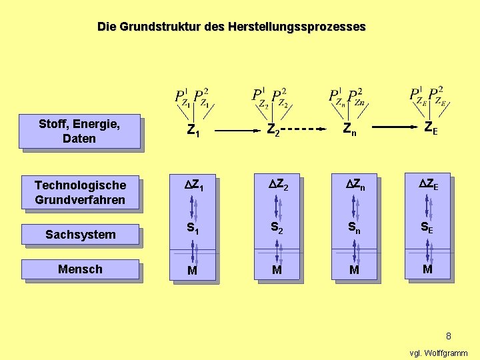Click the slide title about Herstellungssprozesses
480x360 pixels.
(x=231, y=27)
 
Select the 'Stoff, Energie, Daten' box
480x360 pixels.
(x=79, y=131)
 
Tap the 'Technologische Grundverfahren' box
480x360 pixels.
(x=80, y=192)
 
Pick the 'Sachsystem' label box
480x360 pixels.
(x=80, y=234)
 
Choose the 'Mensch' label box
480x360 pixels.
(x=80, y=269)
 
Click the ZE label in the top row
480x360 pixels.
(x=431, y=127)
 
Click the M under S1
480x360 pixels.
(x=192, y=271)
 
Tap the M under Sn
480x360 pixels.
(x=354, y=270)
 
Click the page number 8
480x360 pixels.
(x=449, y=336)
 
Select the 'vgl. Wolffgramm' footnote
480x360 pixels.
(x=438, y=353)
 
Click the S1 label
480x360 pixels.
(x=193, y=229)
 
